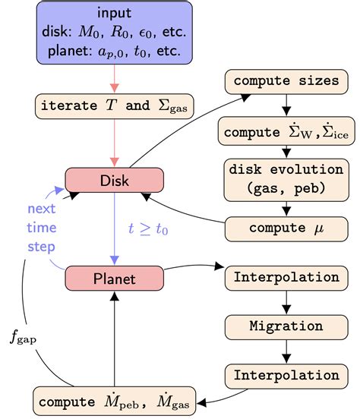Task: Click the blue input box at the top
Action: pos(114,32)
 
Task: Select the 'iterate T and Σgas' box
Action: pos(114,106)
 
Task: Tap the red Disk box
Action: pos(114,180)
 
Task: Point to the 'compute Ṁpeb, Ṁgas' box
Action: pos(114,399)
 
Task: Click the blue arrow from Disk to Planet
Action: pos(114,228)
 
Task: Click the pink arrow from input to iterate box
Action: pos(114,77)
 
